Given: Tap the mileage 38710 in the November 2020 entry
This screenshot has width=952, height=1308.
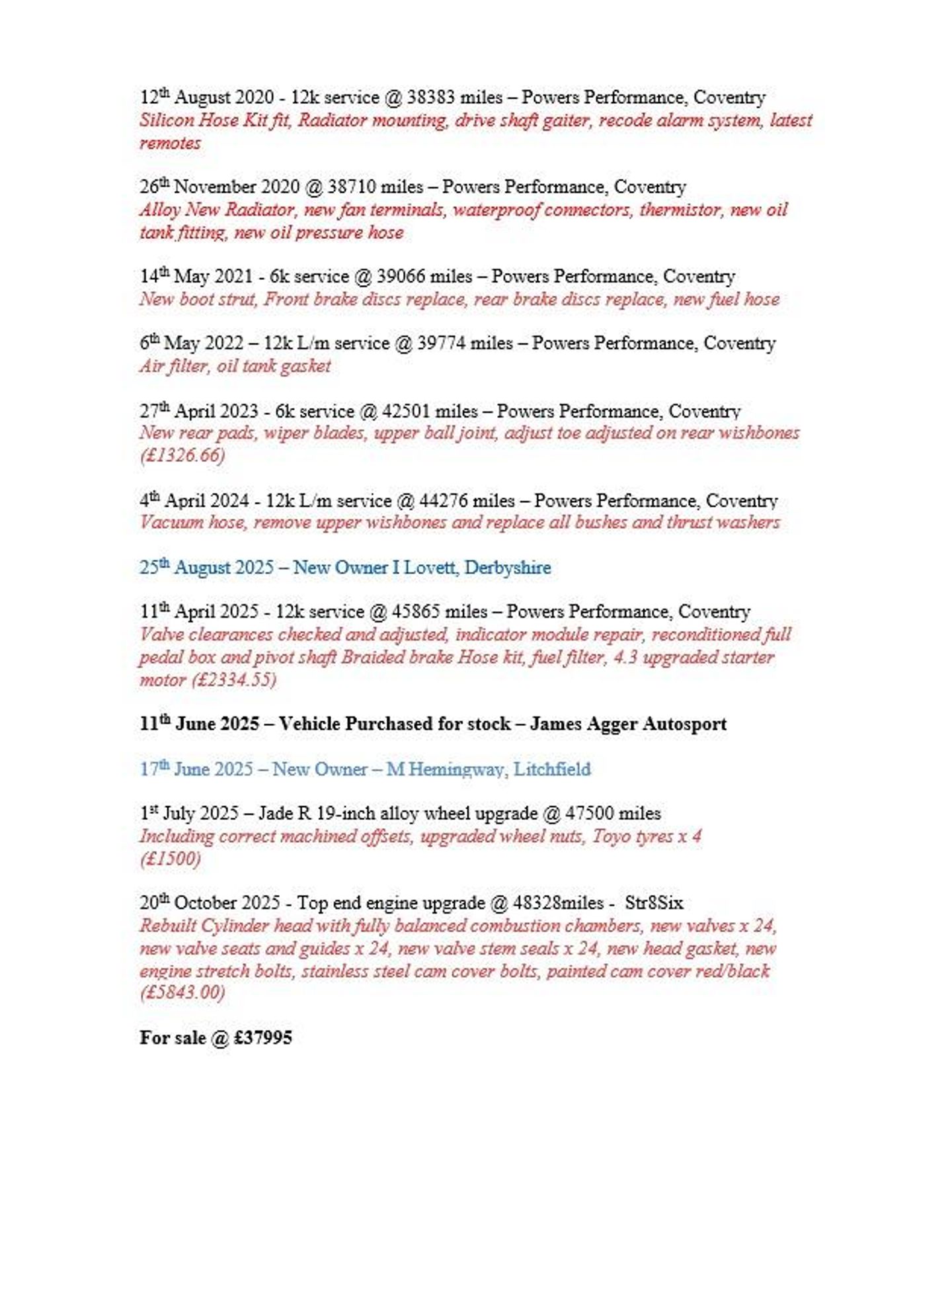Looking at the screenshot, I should (352, 187).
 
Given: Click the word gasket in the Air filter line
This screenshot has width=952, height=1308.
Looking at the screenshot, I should (305, 366).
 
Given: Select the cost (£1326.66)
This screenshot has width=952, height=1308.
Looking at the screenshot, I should (182, 455).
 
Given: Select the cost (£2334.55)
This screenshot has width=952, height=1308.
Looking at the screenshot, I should (234, 679).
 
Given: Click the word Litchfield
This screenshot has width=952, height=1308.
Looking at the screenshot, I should (552, 769).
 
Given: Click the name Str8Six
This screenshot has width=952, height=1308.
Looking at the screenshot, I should (654, 903).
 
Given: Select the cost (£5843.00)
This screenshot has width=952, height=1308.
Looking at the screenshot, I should (182, 992).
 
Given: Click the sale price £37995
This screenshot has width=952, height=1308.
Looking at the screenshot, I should (262, 1037).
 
